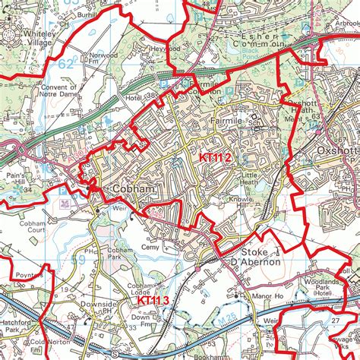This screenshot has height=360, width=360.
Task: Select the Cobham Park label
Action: (x=120, y=254)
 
